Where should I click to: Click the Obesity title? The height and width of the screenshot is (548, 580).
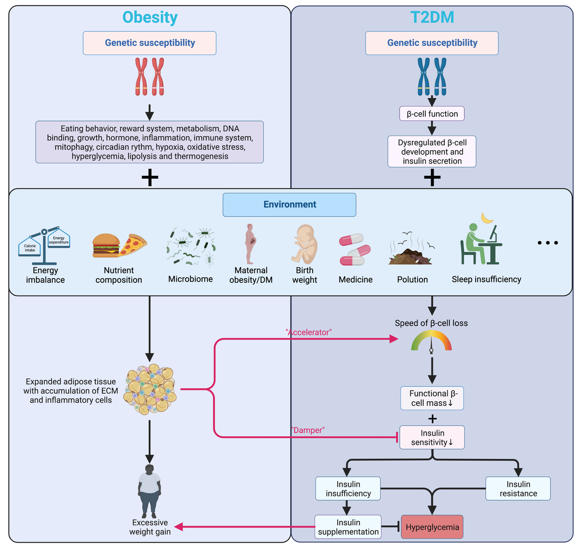point(150,17)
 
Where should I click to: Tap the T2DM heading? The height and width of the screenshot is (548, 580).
point(432,17)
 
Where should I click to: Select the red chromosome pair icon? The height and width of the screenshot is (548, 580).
point(149,76)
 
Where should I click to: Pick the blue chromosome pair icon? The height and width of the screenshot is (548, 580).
point(432,76)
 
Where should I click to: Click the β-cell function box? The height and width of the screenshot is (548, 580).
point(432,113)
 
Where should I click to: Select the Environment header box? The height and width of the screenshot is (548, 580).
point(290,204)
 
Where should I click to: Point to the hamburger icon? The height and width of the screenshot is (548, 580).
point(106,245)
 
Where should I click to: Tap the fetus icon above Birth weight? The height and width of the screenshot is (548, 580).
point(304,244)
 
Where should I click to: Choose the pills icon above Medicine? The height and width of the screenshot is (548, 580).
point(355,249)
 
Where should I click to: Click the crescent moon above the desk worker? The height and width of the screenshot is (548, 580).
point(487,218)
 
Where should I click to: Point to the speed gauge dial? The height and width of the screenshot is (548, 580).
point(431,341)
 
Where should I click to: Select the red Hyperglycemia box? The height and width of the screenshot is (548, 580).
point(432,527)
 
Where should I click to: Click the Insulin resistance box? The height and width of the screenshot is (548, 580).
point(518,488)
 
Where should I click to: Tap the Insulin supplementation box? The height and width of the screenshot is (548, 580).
point(348,527)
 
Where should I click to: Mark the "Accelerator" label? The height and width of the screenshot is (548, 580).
point(309,333)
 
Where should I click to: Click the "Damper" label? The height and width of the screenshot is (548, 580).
point(308,430)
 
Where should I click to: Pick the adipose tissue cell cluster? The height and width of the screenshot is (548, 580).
point(150,389)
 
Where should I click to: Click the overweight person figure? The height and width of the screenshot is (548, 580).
point(149,491)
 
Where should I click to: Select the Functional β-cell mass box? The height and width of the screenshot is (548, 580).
point(432,398)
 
